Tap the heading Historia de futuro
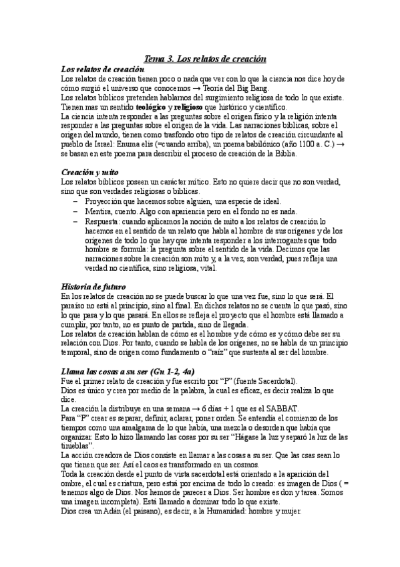point(93,286)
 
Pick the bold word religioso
point(193,107)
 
